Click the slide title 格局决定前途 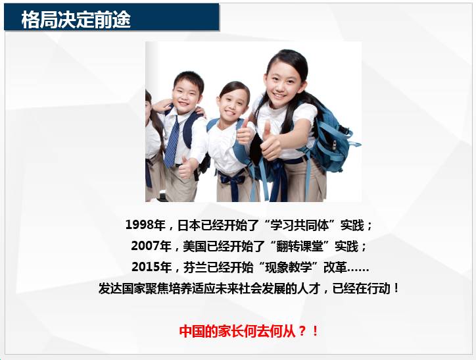coord(76,20)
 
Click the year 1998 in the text coord(140,225)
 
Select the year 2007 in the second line coord(145,245)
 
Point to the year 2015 coord(146,267)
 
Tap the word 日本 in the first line coord(189,225)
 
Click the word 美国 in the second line coord(195,245)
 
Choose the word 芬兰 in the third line coord(195,267)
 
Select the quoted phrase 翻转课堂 coord(300,245)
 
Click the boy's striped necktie coord(172,142)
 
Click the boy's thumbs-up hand coord(185,168)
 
